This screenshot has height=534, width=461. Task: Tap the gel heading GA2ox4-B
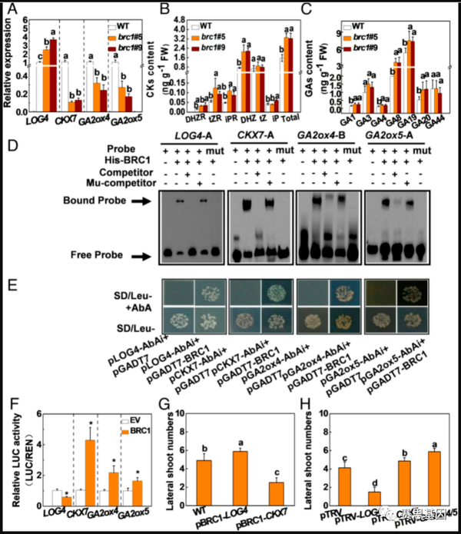tap(324, 135)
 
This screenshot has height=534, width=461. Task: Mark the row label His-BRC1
tap(131, 161)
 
